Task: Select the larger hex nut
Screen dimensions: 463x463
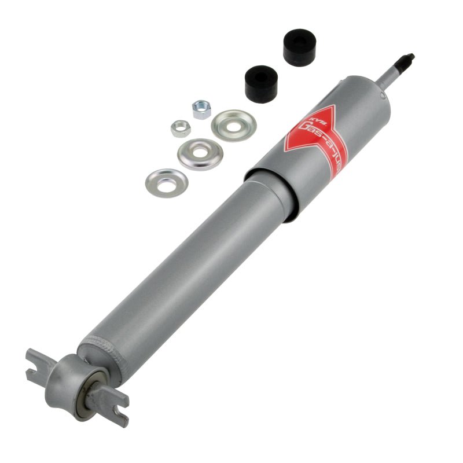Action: [201, 109]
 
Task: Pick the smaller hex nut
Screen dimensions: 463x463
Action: [181, 128]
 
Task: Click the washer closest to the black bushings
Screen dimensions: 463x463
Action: [233, 124]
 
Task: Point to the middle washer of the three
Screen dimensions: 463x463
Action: [200, 154]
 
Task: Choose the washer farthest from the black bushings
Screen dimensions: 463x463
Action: [167, 183]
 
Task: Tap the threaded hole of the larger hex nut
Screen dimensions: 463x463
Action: [201, 108]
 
